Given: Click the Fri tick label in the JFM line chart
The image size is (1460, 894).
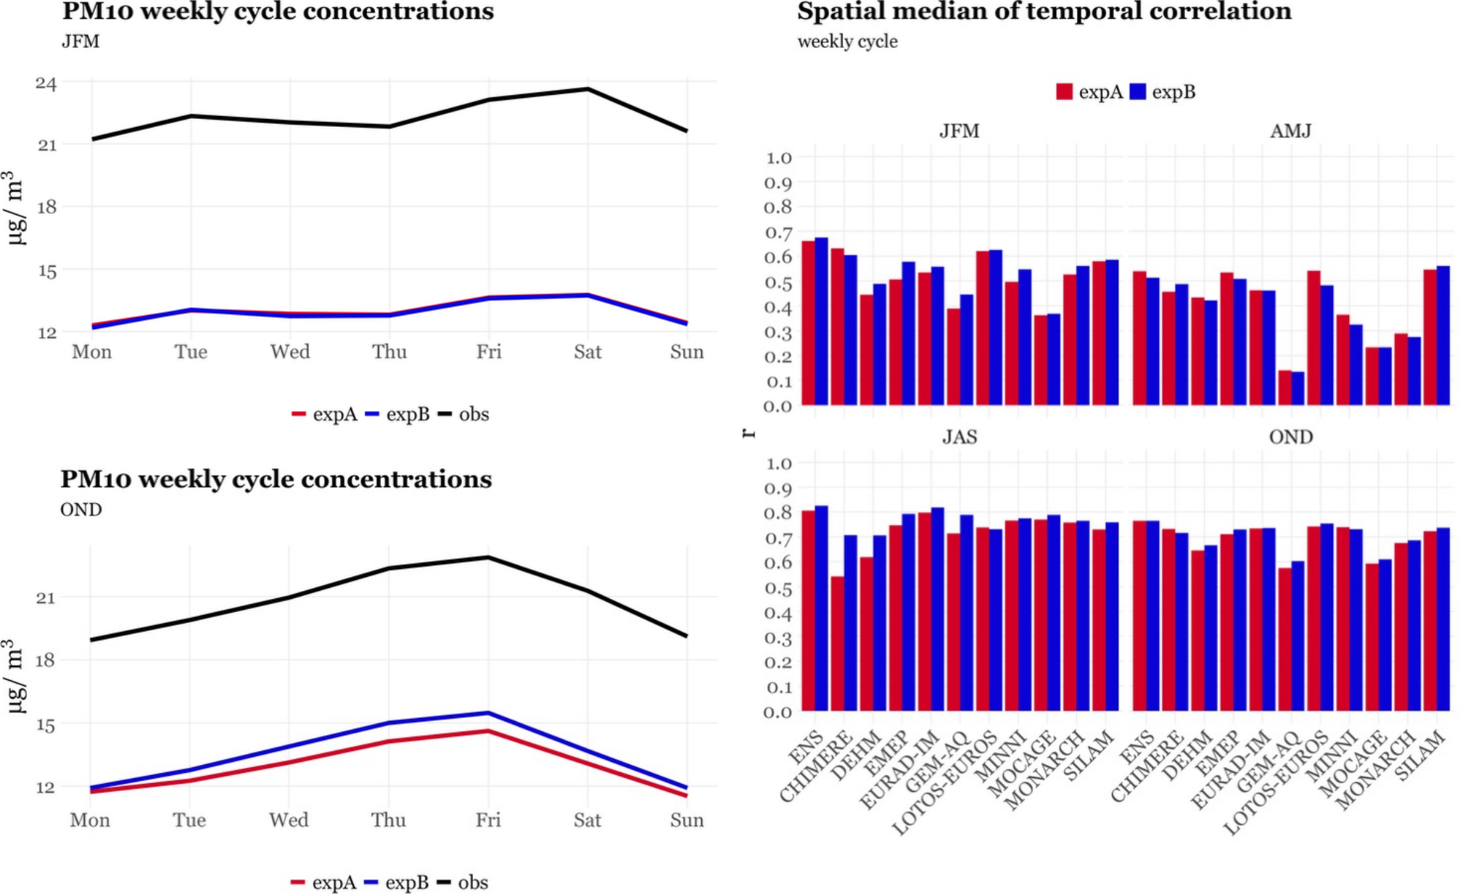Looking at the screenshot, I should point(488,352).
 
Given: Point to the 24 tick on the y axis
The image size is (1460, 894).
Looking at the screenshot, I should point(46,83).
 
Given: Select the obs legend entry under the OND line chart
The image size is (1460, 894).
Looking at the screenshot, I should point(472,882).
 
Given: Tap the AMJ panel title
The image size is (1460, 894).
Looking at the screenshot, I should point(1290,131).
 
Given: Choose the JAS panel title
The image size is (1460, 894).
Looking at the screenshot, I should point(959,437).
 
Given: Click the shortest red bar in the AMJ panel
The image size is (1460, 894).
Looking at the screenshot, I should point(1284,388).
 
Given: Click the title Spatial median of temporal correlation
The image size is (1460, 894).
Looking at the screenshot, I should point(1044,12).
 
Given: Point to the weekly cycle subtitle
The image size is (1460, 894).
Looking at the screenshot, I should point(847,42).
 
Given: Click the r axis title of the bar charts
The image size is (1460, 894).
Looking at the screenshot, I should point(748,433).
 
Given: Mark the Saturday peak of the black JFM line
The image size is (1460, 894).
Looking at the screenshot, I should point(587,89).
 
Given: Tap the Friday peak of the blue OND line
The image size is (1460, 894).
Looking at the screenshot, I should point(488,713).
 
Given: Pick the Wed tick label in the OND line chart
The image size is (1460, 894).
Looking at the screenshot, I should point(289,820).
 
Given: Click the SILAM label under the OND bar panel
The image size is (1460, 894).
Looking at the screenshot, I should point(1420,756).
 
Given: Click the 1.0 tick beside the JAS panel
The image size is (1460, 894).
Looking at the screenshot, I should point(778,463).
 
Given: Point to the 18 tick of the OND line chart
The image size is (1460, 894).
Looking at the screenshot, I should point(45,660).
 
